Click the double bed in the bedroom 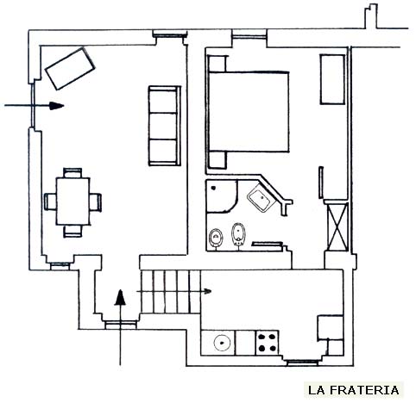(x=249, y=111)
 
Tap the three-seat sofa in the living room (x=165, y=126)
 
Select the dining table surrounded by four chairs (x=73, y=201)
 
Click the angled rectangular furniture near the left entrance (x=70, y=69)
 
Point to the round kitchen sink (x=222, y=343)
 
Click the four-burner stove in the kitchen (x=268, y=343)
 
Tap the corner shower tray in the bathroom (x=222, y=196)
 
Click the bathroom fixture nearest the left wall (x=216, y=238)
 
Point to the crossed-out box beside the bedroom (x=337, y=226)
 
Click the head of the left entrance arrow (x=56, y=106)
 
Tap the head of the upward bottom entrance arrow (x=120, y=297)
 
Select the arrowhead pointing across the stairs (x=208, y=292)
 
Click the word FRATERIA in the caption (x=364, y=390)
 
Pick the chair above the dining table (x=72, y=173)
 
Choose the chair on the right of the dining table (x=96, y=202)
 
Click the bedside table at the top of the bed (x=217, y=64)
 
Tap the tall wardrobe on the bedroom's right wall (x=332, y=79)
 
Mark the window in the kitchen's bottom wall (x=303, y=363)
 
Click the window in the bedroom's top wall (x=249, y=36)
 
